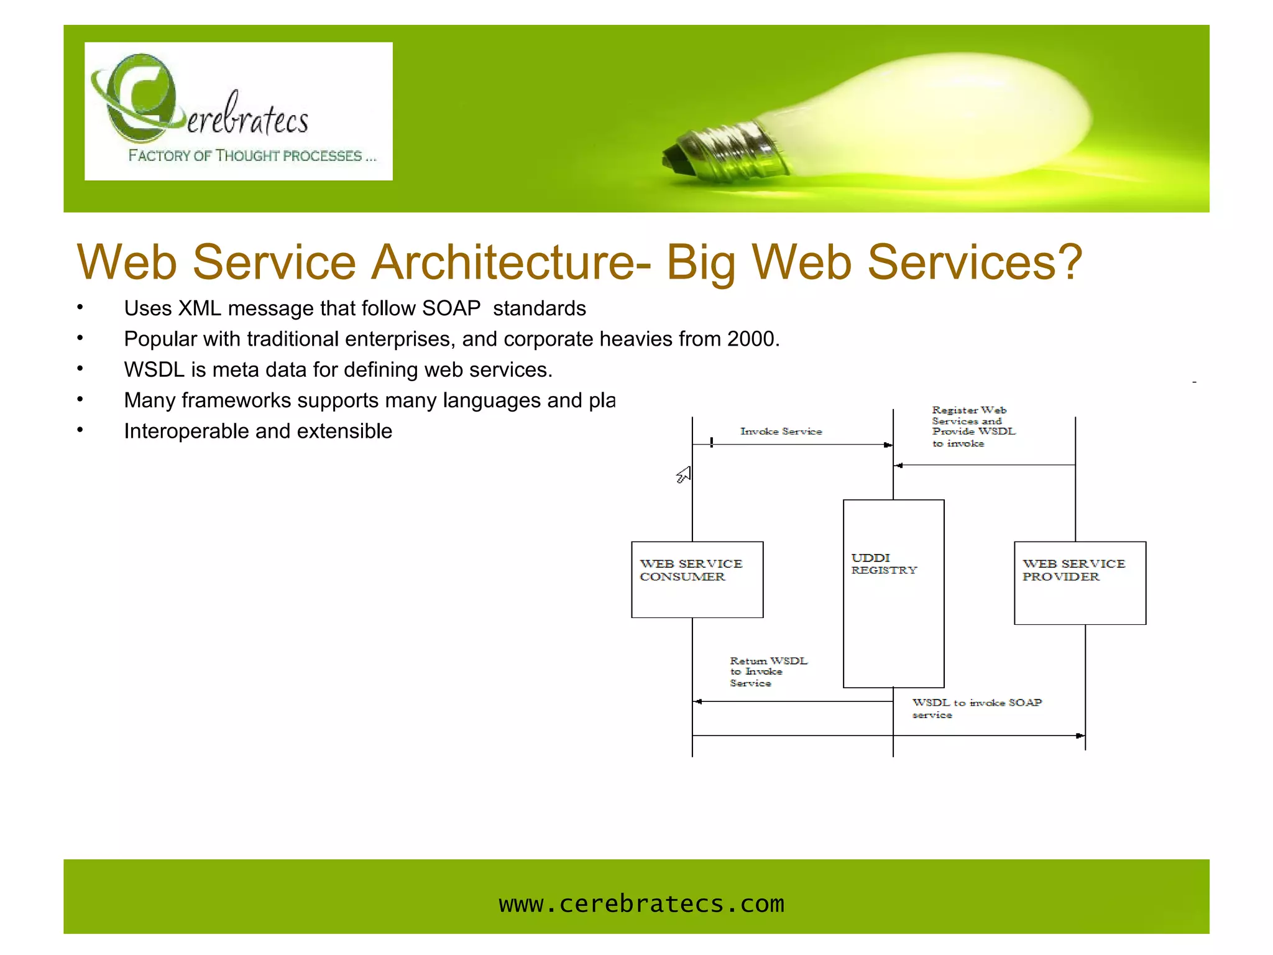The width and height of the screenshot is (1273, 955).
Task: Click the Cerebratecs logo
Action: click(x=238, y=111)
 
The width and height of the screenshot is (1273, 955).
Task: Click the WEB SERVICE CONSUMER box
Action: click(x=697, y=579)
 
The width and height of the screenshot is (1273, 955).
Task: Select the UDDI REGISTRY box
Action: click(x=893, y=594)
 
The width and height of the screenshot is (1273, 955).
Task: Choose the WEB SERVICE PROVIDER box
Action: click(x=1080, y=583)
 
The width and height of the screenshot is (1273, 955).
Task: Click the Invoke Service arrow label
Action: click(x=781, y=431)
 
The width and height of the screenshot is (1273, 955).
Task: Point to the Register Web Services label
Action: click(x=973, y=427)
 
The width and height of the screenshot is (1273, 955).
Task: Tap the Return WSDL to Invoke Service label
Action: click(x=768, y=672)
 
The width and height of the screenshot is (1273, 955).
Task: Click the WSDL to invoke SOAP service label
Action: click(x=976, y=708)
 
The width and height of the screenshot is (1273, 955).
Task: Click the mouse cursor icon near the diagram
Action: click(x=684, y=475)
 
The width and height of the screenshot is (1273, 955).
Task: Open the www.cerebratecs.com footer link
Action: click(x=641, y=904)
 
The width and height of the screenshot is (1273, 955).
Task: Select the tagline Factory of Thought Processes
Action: click(x=252, y=155)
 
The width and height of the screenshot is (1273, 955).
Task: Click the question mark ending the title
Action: click(x=1069, y=262)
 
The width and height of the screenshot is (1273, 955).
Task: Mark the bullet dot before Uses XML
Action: click(x=80, y=307)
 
